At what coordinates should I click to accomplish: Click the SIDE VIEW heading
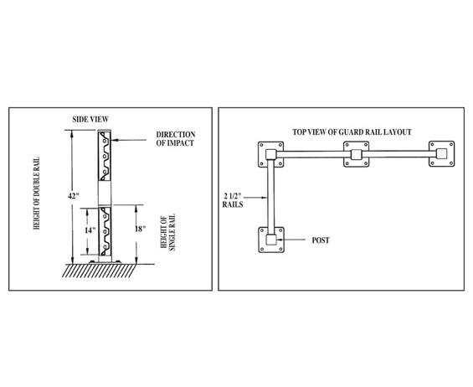pyautogui.click(x=90, y=119)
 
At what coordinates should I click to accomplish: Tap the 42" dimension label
pyautogui.click(x=74, y=196)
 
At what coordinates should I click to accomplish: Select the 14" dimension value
pyautogui.click(x=90, y=230)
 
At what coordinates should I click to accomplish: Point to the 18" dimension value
pyautogui.click(x=140, y=229)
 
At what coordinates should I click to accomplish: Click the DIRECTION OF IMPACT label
pyautogui.click(x=175, y=138)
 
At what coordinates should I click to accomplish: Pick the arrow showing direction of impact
pyautogui.click(x=129, y=140)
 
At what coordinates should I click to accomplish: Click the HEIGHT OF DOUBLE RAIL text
pyautogui.click(x=37, y=193)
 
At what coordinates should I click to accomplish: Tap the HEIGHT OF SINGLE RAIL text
pyautogui.click(x=167, y=232)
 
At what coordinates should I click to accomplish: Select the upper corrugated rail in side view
pyautogui.click(x=105, y=156)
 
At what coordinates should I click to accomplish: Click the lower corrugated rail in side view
pyautogui.click(x=105, y=231)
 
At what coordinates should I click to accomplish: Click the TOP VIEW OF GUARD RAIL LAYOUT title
pyautogui.click(x=352, y=132)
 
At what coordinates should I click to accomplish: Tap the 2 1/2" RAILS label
pyautogui.click(x=233, y=200)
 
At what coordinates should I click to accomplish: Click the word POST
pyautogui.click(x=321, y=240)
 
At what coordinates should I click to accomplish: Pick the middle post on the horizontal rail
pyautogui.click(x=357, y=155)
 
